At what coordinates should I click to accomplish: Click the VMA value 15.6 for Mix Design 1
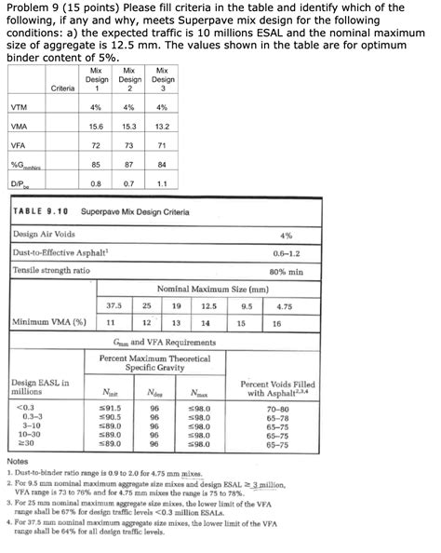pos(95,126)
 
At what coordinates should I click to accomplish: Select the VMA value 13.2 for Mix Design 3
pos(162,126)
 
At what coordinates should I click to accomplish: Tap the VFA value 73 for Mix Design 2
pos(128,146)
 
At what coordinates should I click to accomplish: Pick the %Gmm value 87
pos(128,165)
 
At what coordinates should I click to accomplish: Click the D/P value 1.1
pos(162,183)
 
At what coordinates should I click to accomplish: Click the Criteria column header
pos(63,88)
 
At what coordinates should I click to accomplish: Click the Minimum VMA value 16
pos(276,323)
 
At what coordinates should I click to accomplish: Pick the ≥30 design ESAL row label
pos(23,443)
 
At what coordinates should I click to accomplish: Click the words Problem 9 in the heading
pos(35,8)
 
